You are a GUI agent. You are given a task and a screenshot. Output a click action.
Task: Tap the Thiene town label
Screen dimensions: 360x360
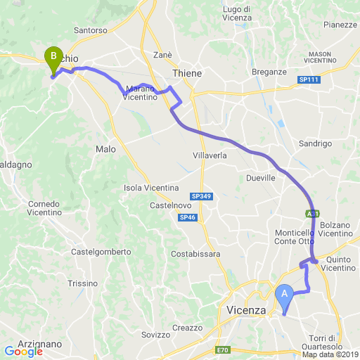(187, 73)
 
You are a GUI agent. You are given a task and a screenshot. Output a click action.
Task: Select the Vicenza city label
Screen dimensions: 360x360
(246, 310)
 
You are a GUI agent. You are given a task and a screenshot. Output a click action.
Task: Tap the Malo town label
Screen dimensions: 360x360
(105, 149)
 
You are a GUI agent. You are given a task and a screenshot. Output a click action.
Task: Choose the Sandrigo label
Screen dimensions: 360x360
(314, 143)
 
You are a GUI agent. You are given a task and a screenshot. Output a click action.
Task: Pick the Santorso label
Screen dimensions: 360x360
(90, 31)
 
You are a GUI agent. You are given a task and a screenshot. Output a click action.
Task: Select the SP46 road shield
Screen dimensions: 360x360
(188, 218)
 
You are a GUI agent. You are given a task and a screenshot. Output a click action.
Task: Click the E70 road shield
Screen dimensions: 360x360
(223, 350)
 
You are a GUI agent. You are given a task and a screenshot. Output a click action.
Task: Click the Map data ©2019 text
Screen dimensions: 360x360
(330, 354)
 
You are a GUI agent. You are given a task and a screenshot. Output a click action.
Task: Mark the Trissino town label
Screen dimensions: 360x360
(83, 283)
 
